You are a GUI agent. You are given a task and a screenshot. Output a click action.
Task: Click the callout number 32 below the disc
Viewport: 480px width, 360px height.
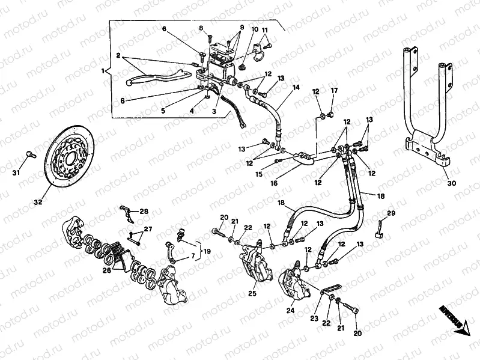click(38, 203)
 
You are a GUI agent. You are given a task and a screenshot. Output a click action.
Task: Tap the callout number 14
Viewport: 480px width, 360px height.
click(296, 88)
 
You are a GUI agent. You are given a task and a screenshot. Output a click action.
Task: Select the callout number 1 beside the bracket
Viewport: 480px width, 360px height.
click(103, 71)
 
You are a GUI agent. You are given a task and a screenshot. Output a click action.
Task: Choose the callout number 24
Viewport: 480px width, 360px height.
click(291, 311)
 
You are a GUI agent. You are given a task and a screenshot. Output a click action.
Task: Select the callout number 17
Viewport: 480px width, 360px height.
click(335, 91)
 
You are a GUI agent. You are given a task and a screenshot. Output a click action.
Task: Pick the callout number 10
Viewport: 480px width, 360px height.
click(254, 29)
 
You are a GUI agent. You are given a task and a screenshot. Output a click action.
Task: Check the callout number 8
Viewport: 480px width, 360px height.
click(202, 28)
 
